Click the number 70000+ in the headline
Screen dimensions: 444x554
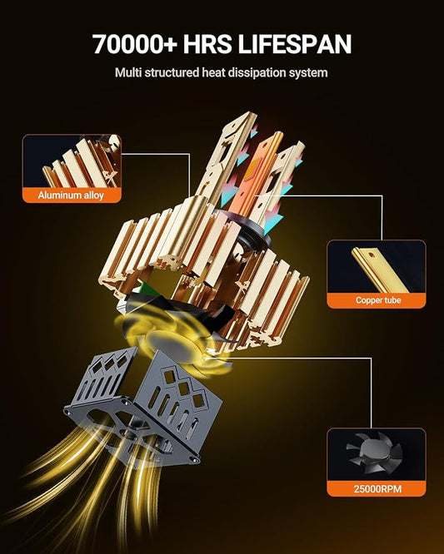click(x=135, y=44)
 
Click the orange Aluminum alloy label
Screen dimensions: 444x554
click(x=72, y=195)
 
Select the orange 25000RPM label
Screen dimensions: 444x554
click(x=377, y=489)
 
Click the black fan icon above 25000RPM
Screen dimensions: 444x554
click(x=376, y=454)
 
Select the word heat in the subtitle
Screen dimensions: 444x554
click(x=214, y=72)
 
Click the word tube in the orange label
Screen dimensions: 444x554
click(x=391, y=300)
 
